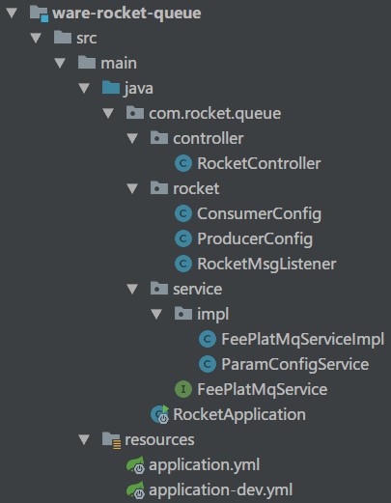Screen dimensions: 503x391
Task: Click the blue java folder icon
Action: (x=110, y=89)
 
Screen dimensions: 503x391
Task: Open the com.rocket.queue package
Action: (x=214, y=114)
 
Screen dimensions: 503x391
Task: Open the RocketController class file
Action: (x=258, y=164)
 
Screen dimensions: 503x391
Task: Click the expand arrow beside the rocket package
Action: (x=132, y=189)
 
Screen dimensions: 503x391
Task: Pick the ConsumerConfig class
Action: (x=258, y=214)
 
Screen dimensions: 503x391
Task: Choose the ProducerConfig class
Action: (x=255, y=239)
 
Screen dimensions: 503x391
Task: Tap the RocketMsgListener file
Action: (x=265, y=265)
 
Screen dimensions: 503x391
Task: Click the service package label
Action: (x=197, y=290)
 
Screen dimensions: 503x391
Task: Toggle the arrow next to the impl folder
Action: (x=156, y=315)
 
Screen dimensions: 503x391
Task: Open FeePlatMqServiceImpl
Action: (x=302, y=340)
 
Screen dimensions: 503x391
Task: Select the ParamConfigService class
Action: (x=294, y=365)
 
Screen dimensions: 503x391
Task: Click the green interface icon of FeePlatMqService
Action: (x=182, y=390)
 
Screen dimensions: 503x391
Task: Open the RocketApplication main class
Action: (x=238, y=415)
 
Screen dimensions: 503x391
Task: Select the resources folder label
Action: (x=159, y=440)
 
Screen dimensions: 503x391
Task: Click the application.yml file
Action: (x=204, y=465)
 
